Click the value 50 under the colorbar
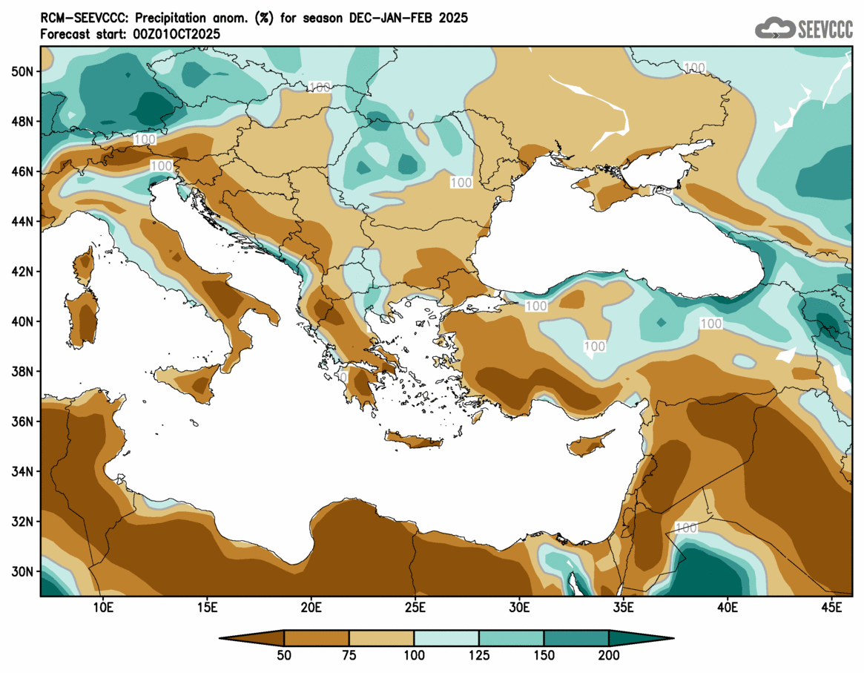284,655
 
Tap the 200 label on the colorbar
609,655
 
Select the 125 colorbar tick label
479,655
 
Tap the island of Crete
413,441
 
